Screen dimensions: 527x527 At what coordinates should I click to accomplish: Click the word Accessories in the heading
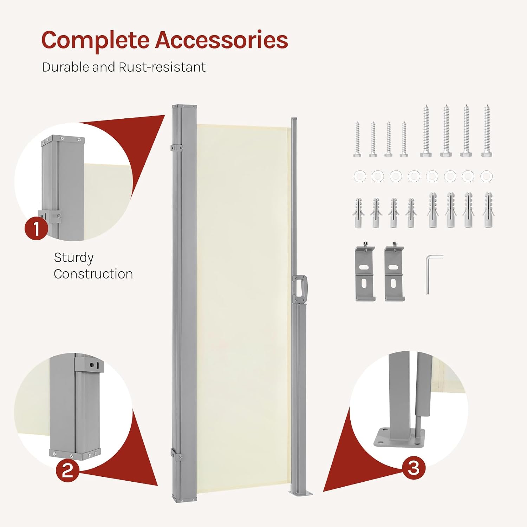coord(222,40)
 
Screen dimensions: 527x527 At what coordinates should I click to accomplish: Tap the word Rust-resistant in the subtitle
coord(162,67)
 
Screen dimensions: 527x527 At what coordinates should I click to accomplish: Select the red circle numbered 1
coord(36,228)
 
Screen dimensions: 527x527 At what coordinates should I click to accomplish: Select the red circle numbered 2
coord(67,470)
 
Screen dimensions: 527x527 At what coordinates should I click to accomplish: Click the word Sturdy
coord(74,258)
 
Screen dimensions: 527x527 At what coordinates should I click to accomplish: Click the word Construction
coord(93,274)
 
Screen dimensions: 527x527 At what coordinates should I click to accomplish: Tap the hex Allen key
coord(432,274)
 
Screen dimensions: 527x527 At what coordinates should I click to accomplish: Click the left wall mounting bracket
coord(365,273)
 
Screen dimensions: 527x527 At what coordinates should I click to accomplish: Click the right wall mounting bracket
coord(395,273)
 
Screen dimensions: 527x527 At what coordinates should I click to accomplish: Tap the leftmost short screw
coord(358,139)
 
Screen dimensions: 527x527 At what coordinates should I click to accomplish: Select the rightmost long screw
coord(487,130)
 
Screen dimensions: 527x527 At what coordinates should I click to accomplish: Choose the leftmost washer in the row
coord(360,176)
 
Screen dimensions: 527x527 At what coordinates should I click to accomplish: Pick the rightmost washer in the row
coord(486,176)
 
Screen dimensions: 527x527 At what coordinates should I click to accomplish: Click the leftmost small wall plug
coord(359,213)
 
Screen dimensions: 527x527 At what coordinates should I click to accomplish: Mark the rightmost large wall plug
coord(488,210)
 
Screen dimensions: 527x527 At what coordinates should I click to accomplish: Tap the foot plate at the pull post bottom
coord(301,493)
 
